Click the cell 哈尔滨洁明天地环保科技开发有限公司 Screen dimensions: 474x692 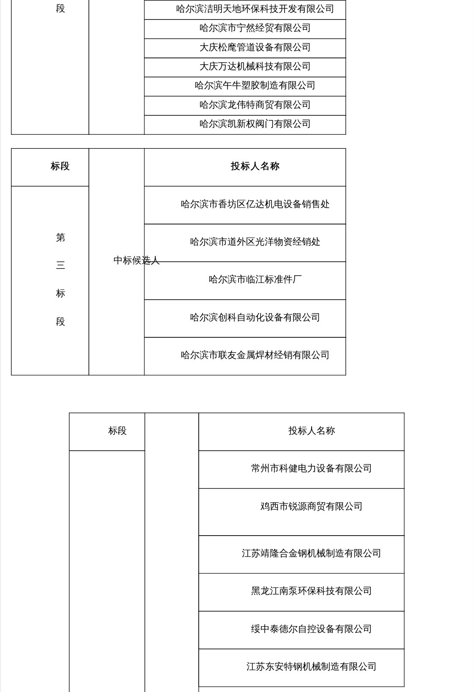255,9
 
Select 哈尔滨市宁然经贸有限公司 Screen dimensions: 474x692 255,28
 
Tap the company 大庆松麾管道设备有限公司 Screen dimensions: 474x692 255,47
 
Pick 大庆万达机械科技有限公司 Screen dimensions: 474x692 255,66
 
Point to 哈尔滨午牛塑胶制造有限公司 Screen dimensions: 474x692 255,85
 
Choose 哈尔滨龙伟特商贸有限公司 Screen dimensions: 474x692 255,105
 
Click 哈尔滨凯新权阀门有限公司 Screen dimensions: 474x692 255,124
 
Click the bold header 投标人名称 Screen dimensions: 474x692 255,166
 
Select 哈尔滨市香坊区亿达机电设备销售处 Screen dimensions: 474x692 255,204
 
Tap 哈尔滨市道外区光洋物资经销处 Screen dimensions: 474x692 255,242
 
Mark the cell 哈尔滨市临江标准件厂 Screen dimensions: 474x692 255,279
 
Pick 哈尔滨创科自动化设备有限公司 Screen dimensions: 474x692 255,317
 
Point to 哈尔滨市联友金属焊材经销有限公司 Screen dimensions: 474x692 255,355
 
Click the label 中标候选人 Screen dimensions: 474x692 136,260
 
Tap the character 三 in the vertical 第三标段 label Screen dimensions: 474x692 60,265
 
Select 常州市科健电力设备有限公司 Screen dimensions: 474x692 312,468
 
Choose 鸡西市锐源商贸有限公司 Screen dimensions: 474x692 312,506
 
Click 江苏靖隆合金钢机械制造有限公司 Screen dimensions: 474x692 312,553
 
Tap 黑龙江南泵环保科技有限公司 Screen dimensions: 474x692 312,591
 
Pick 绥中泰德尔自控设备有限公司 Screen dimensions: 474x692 312,629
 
